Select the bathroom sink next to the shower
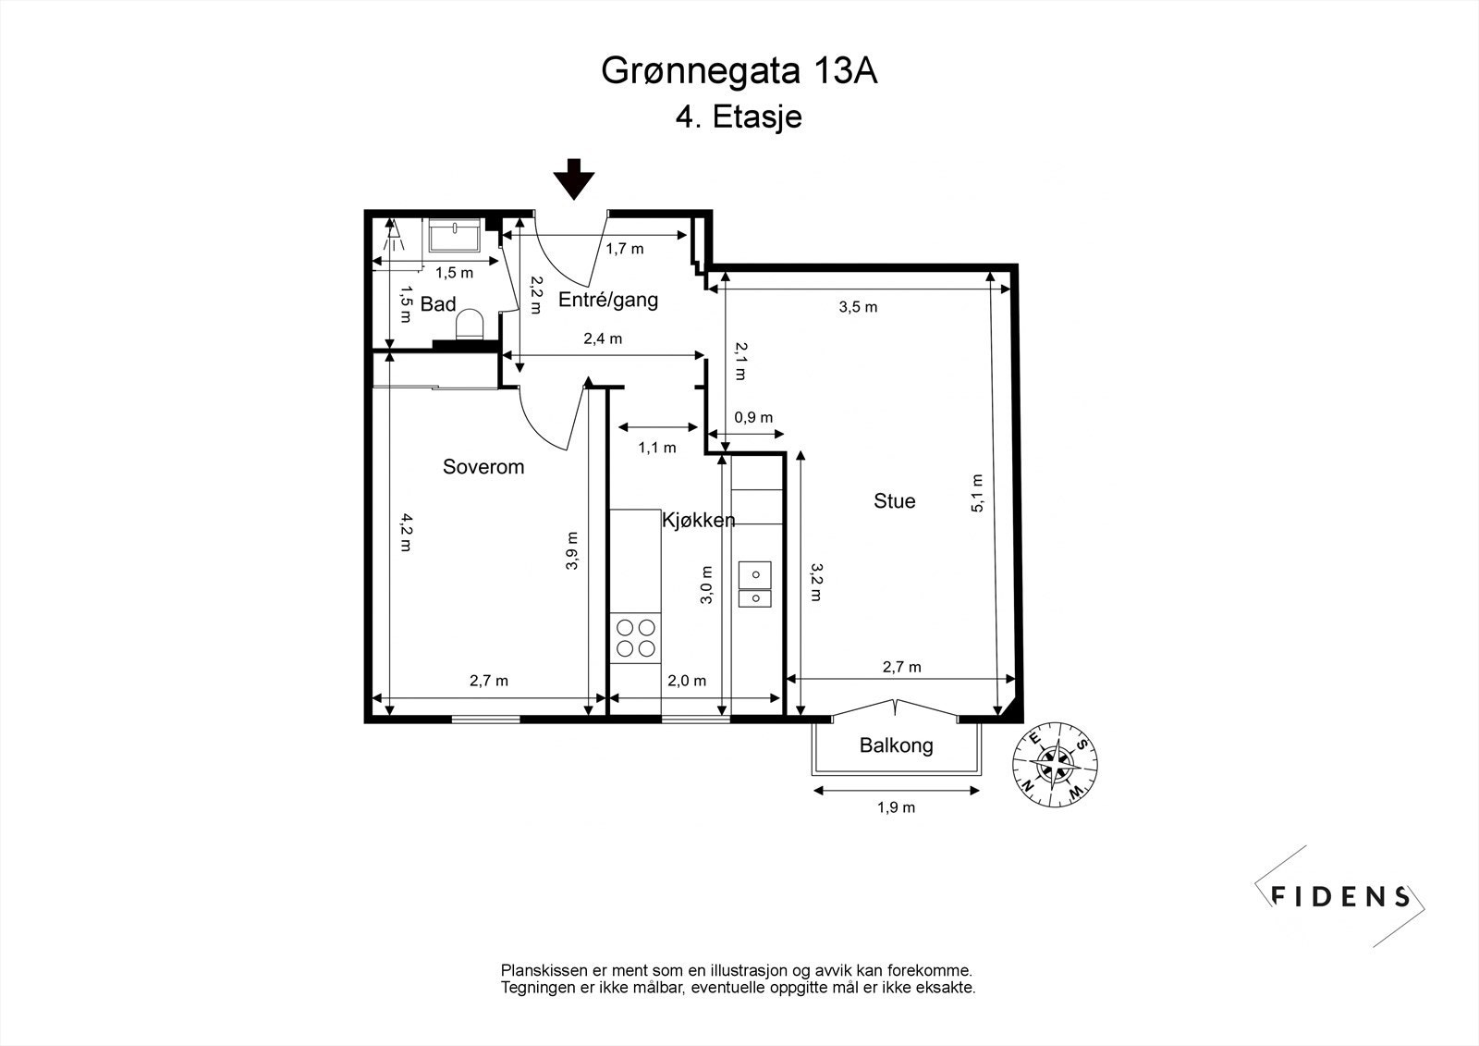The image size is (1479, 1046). point(455,236)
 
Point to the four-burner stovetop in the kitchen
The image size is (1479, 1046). point(636,639)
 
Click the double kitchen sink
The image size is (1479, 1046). point(754,585)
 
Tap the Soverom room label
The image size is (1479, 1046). point(483,467)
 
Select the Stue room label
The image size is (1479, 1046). point(894,501)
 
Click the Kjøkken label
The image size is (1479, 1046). point(698,521)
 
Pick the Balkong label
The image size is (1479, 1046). point(896,745)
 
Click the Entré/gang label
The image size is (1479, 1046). point(608,300)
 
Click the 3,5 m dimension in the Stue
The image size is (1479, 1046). point(858,307)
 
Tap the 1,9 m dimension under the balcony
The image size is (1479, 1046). point(896,807)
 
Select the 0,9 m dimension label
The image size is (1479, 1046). point(753,417)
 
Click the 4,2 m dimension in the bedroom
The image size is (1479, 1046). point(404,532)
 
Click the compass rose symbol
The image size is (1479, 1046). point(1054,764)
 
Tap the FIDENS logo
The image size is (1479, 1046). point(1340,895)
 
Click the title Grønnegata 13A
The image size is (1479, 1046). point(739,71)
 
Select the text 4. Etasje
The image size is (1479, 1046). point(739,117)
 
